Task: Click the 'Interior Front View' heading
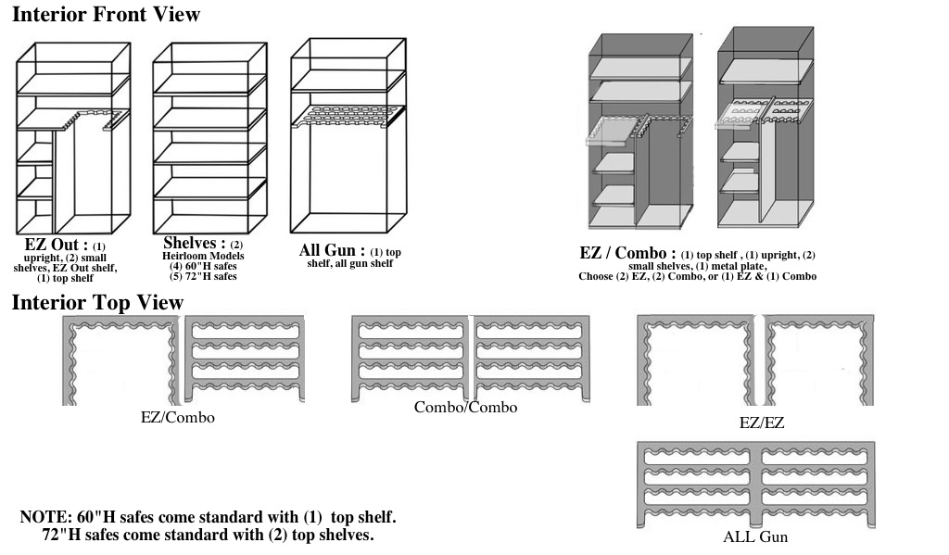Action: [106, 15]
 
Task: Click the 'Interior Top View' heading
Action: [97, 303]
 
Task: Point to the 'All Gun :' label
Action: [332, 250]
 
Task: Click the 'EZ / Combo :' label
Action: [627, 253]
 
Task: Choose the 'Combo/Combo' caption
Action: [465, 408]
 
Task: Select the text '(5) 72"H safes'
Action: [203, 276]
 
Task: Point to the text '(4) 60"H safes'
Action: [203, 266]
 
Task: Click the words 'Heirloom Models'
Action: [203, 256]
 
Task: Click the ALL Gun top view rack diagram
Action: [755, 485]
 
